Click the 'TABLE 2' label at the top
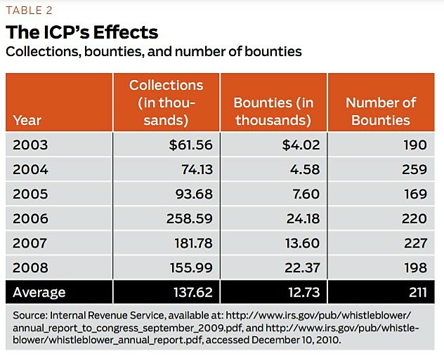(x=29, y=10)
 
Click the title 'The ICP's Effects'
(x=82, y=32)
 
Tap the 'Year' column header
(x=27, y=120)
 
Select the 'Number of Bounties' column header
(x=381, y=111)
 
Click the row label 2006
(x=30, y=218)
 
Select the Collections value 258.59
(x=189, y=218)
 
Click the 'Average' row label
(x=39, y=292)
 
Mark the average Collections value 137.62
(x=189, y=292)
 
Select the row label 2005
(x=30, y=194)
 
